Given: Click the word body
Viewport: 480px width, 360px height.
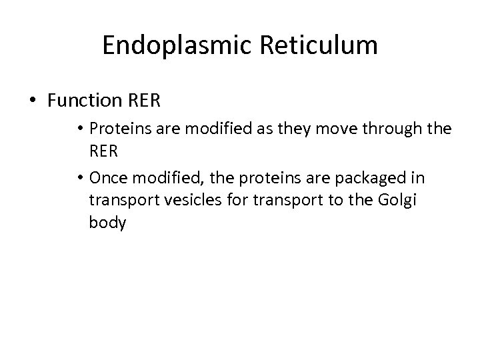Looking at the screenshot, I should click(x=107, y=223).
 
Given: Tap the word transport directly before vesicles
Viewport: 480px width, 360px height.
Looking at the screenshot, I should click(x=120, y=201).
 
